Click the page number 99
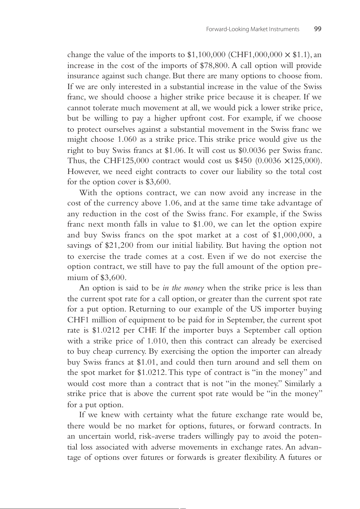coord(318,29)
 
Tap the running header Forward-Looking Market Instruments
coord(252,29)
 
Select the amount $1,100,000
coord(206,55)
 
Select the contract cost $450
coord(243,161)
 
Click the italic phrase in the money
coord(183,288)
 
